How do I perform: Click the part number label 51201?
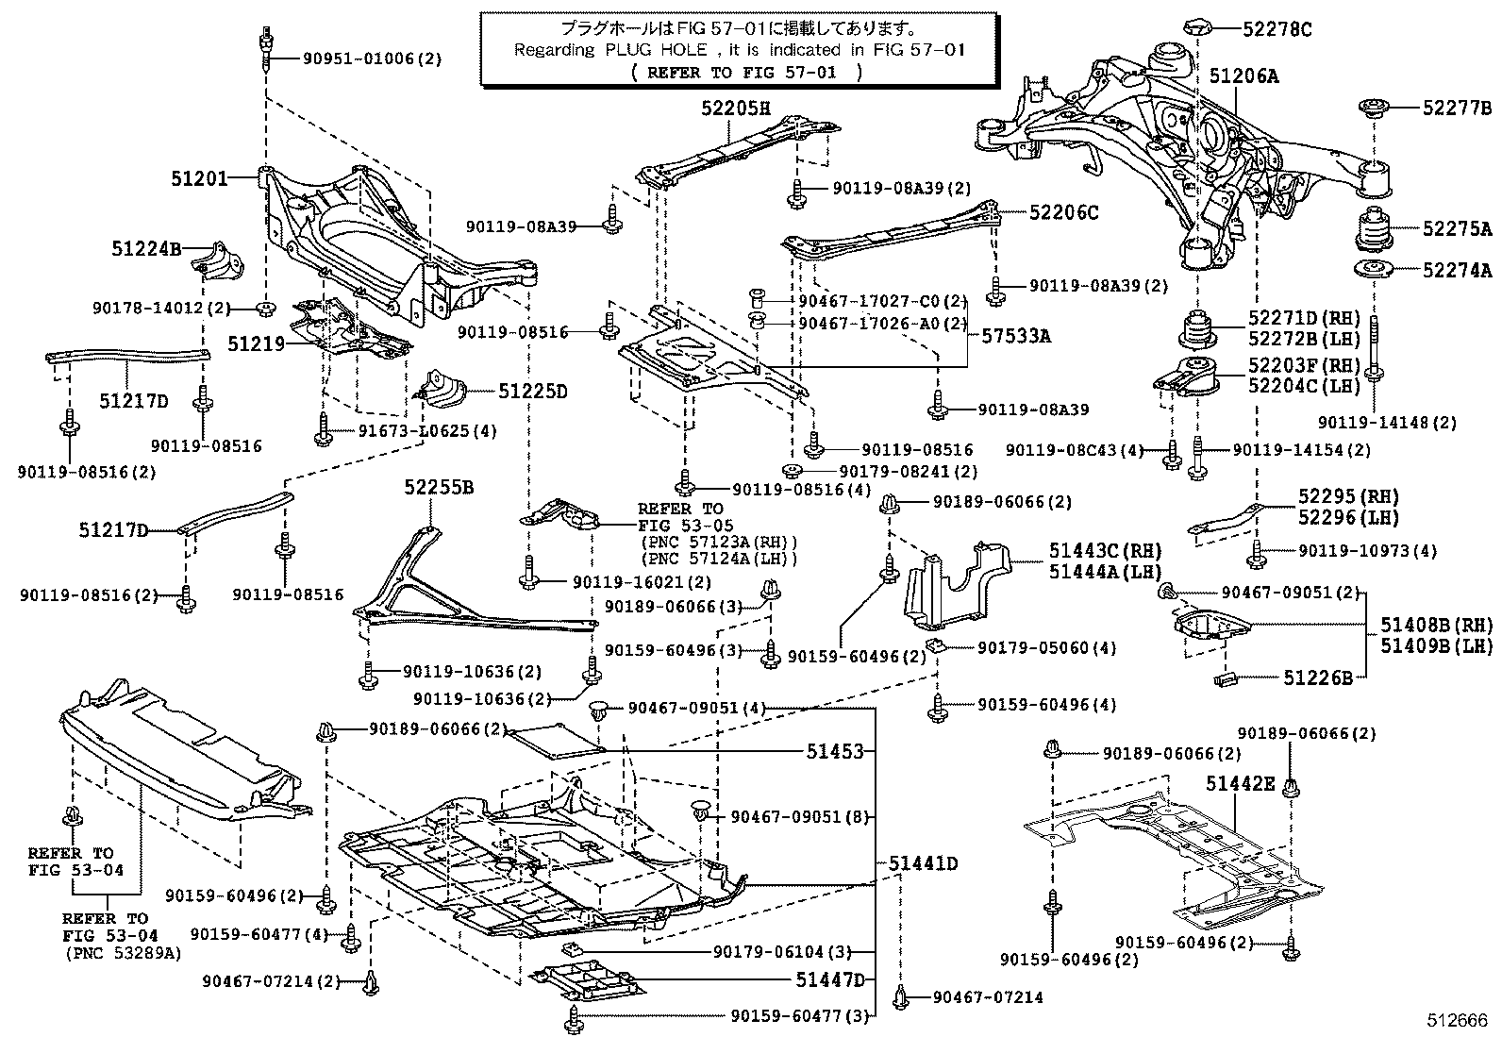(199, 176)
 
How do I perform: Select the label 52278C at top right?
(1277, 29)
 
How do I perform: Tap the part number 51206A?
(1244, 77)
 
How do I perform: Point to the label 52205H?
(735, 108)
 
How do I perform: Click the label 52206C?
(1063, 213)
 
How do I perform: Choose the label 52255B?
(439, 488)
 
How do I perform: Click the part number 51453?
(835, 751)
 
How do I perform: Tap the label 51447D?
(829, 979)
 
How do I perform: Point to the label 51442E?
(1240, 782)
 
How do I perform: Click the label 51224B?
(145, 248)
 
